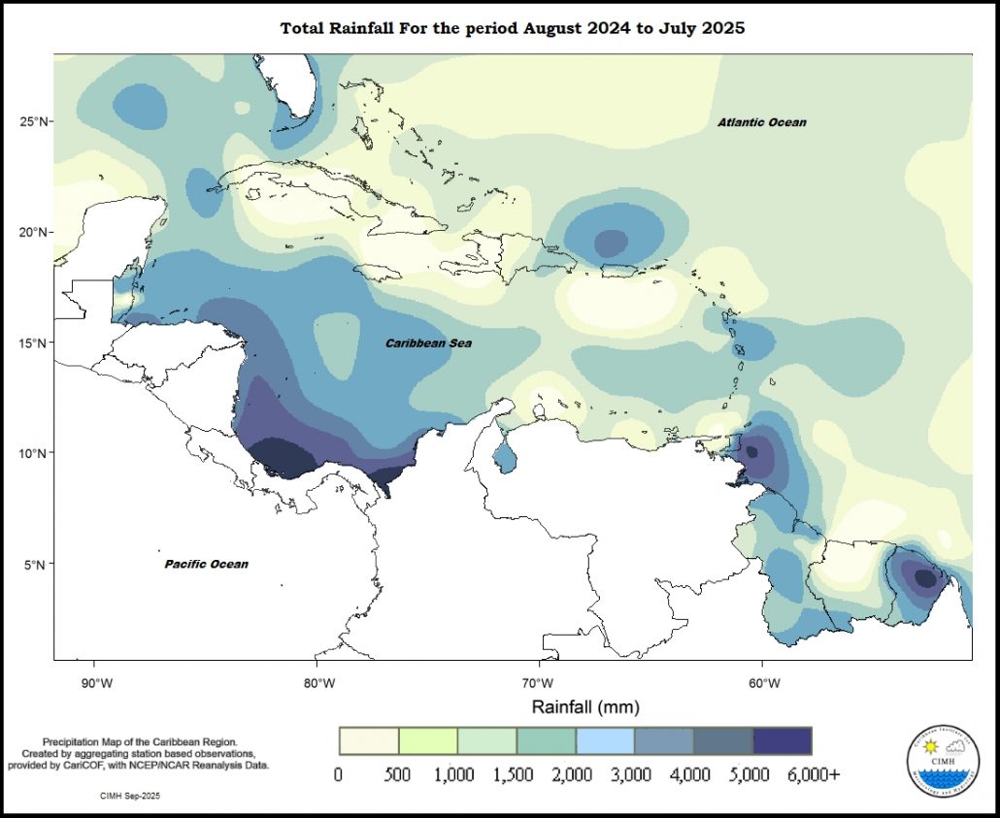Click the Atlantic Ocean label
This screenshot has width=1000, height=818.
pyautogui.click(x=762, y=122)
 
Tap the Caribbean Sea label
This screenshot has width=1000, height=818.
pyautogui.click(x=428, y=344)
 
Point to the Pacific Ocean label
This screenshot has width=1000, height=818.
pyautogui.click(x=206, y=564)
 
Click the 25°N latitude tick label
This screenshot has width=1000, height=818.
pyautogui.click(x=35, y=121)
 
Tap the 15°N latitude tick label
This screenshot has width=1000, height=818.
pyautogui.click(x=35, y=343)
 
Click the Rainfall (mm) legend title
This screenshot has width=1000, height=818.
pyautogui.click(x=584, y=706)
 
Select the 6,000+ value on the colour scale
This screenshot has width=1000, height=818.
pyautogui.click(x=813, y=775)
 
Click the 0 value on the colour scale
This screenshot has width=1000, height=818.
pyautogui.click(x=338, y=775)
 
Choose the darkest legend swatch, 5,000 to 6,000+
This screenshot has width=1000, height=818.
pyautogui.click(x=783, y=740)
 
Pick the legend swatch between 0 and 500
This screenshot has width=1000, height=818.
pyautogui.click(x=368, y=740)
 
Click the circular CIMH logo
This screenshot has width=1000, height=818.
pyautogui.click(x=938, y=760)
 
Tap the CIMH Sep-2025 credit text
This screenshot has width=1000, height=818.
pyautogui.click(x=130, y=796)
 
